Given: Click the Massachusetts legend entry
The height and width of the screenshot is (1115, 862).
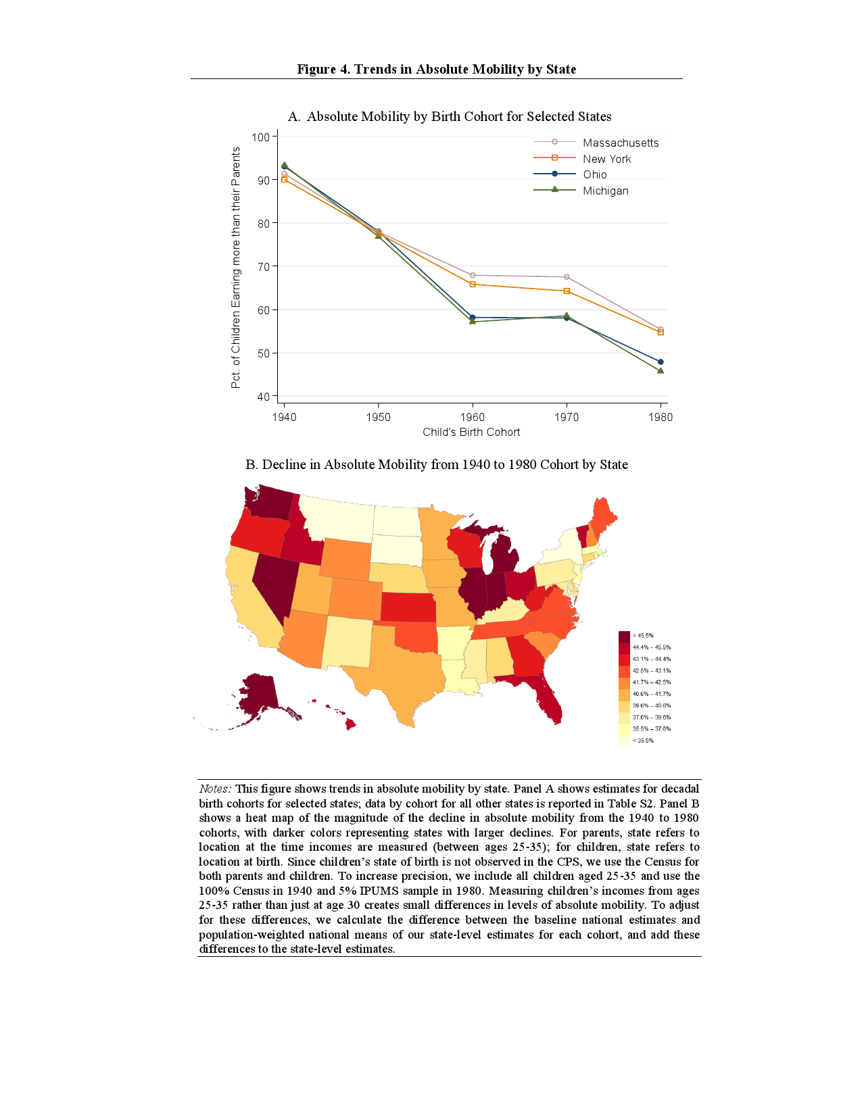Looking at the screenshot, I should tap(620, 143).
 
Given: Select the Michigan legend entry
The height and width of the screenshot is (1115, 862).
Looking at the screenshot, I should tap(605, 191).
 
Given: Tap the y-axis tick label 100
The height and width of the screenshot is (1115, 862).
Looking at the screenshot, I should tap(260, 137).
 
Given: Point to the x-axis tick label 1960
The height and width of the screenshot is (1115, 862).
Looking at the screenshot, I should tap(472, 417).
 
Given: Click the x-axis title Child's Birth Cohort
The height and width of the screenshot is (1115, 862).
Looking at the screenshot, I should tap(471, 432).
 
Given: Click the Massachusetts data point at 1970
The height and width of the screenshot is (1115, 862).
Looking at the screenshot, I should tap(567, 277).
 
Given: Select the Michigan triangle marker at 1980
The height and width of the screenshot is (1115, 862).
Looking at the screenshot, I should tap(661, 370).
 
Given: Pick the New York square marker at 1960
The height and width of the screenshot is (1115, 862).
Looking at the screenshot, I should tap(472, 284).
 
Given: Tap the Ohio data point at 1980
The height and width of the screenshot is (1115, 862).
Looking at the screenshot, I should tap(661, 362).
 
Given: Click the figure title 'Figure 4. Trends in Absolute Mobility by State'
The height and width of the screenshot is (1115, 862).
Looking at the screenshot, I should tap(436, 69).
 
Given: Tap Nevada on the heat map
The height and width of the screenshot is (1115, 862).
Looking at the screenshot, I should tap(274, 581).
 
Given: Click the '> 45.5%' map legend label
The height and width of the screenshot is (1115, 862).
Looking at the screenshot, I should tap(643, 636).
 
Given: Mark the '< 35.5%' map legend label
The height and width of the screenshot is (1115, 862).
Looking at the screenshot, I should tap(643, 741).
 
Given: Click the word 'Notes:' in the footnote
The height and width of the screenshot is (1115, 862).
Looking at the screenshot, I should tap(215, 789).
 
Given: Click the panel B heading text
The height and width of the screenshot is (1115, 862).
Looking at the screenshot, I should tap(436, 464).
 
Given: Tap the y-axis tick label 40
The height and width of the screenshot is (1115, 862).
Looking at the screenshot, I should tap(263, 397).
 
